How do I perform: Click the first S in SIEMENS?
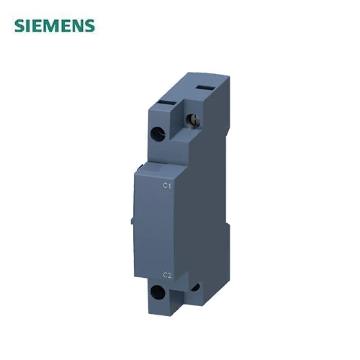(19, 26)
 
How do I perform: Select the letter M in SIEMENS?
(53, 26)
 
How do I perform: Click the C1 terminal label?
(167, 186)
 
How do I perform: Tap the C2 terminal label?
(167, 275)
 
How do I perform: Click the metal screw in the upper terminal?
(193, 120)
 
